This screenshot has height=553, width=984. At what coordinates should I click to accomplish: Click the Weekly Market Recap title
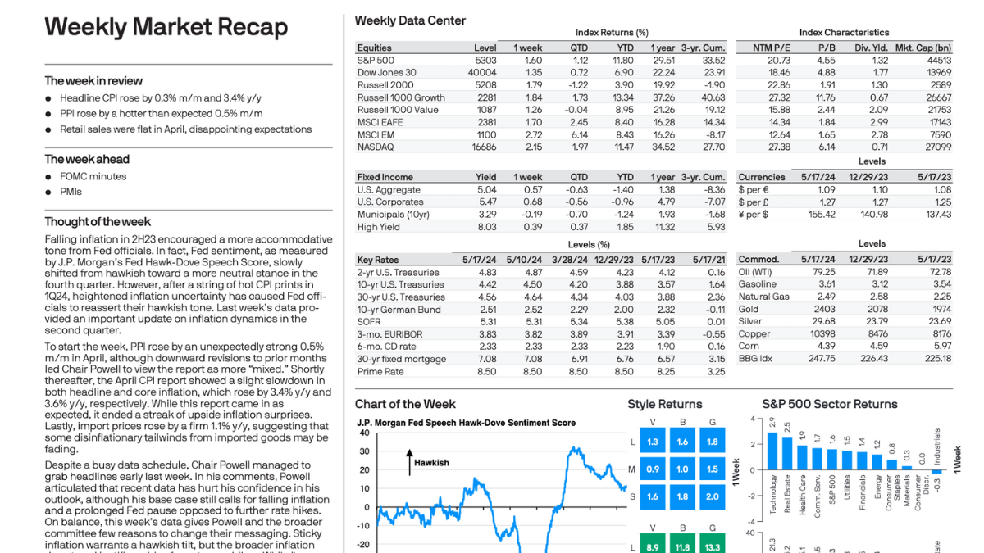[166, 27]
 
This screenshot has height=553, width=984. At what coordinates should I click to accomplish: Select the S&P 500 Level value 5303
[485, 60]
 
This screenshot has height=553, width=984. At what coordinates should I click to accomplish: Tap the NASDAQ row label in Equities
[376, 147]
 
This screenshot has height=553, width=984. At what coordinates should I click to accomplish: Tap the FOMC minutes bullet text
[93, 176]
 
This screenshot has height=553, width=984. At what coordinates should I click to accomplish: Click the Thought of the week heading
[98, 221]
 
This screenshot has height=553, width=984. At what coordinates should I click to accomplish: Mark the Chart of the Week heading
[405, 404]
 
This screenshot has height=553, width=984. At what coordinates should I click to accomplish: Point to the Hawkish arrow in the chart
[408, 462]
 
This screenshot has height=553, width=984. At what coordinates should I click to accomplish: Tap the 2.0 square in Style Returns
[712, 496]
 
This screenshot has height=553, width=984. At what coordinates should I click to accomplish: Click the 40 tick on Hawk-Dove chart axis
[364, 432]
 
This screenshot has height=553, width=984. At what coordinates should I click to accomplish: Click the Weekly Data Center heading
[410, 20]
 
